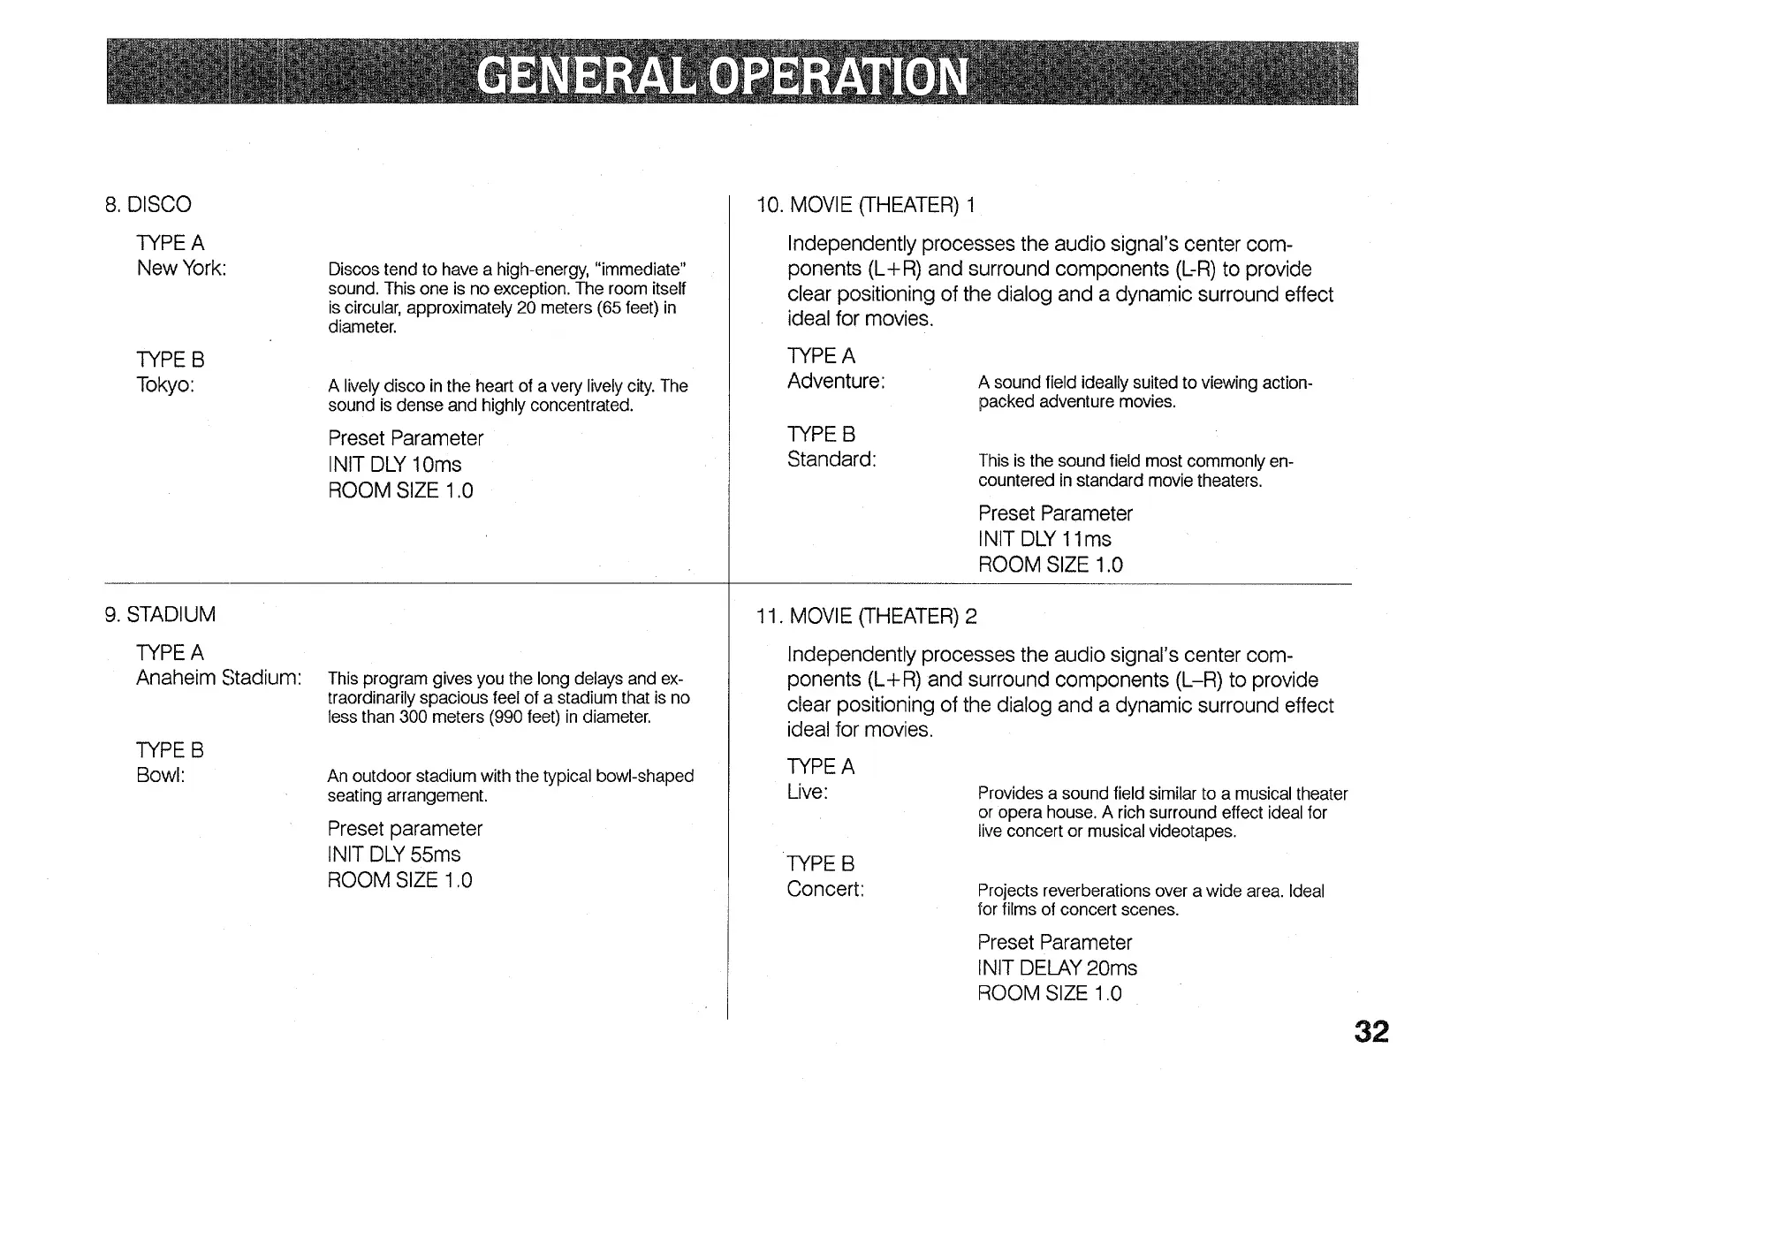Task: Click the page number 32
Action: pos(1370,1032)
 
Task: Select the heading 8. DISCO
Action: pos(148,205)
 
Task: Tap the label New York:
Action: pos(181,269)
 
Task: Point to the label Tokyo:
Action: pos(165,385)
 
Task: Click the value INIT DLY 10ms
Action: pos(394,465)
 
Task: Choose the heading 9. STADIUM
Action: pos(160,615)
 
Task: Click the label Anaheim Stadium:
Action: pos(218,679)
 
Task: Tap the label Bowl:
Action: pos(160,776)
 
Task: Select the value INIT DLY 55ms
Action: pos(393,854)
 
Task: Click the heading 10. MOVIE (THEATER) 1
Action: pos(865,206)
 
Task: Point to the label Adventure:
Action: pos(836,382)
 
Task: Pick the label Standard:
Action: pos(831,459)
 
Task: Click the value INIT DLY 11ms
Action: pos(1044,539)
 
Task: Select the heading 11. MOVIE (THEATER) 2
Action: pos(866,617)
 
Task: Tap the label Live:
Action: pos(808,793)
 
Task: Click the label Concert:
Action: pos(825,889)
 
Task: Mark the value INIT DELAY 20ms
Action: pos(1057,968)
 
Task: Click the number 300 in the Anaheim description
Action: pos(413,718)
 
